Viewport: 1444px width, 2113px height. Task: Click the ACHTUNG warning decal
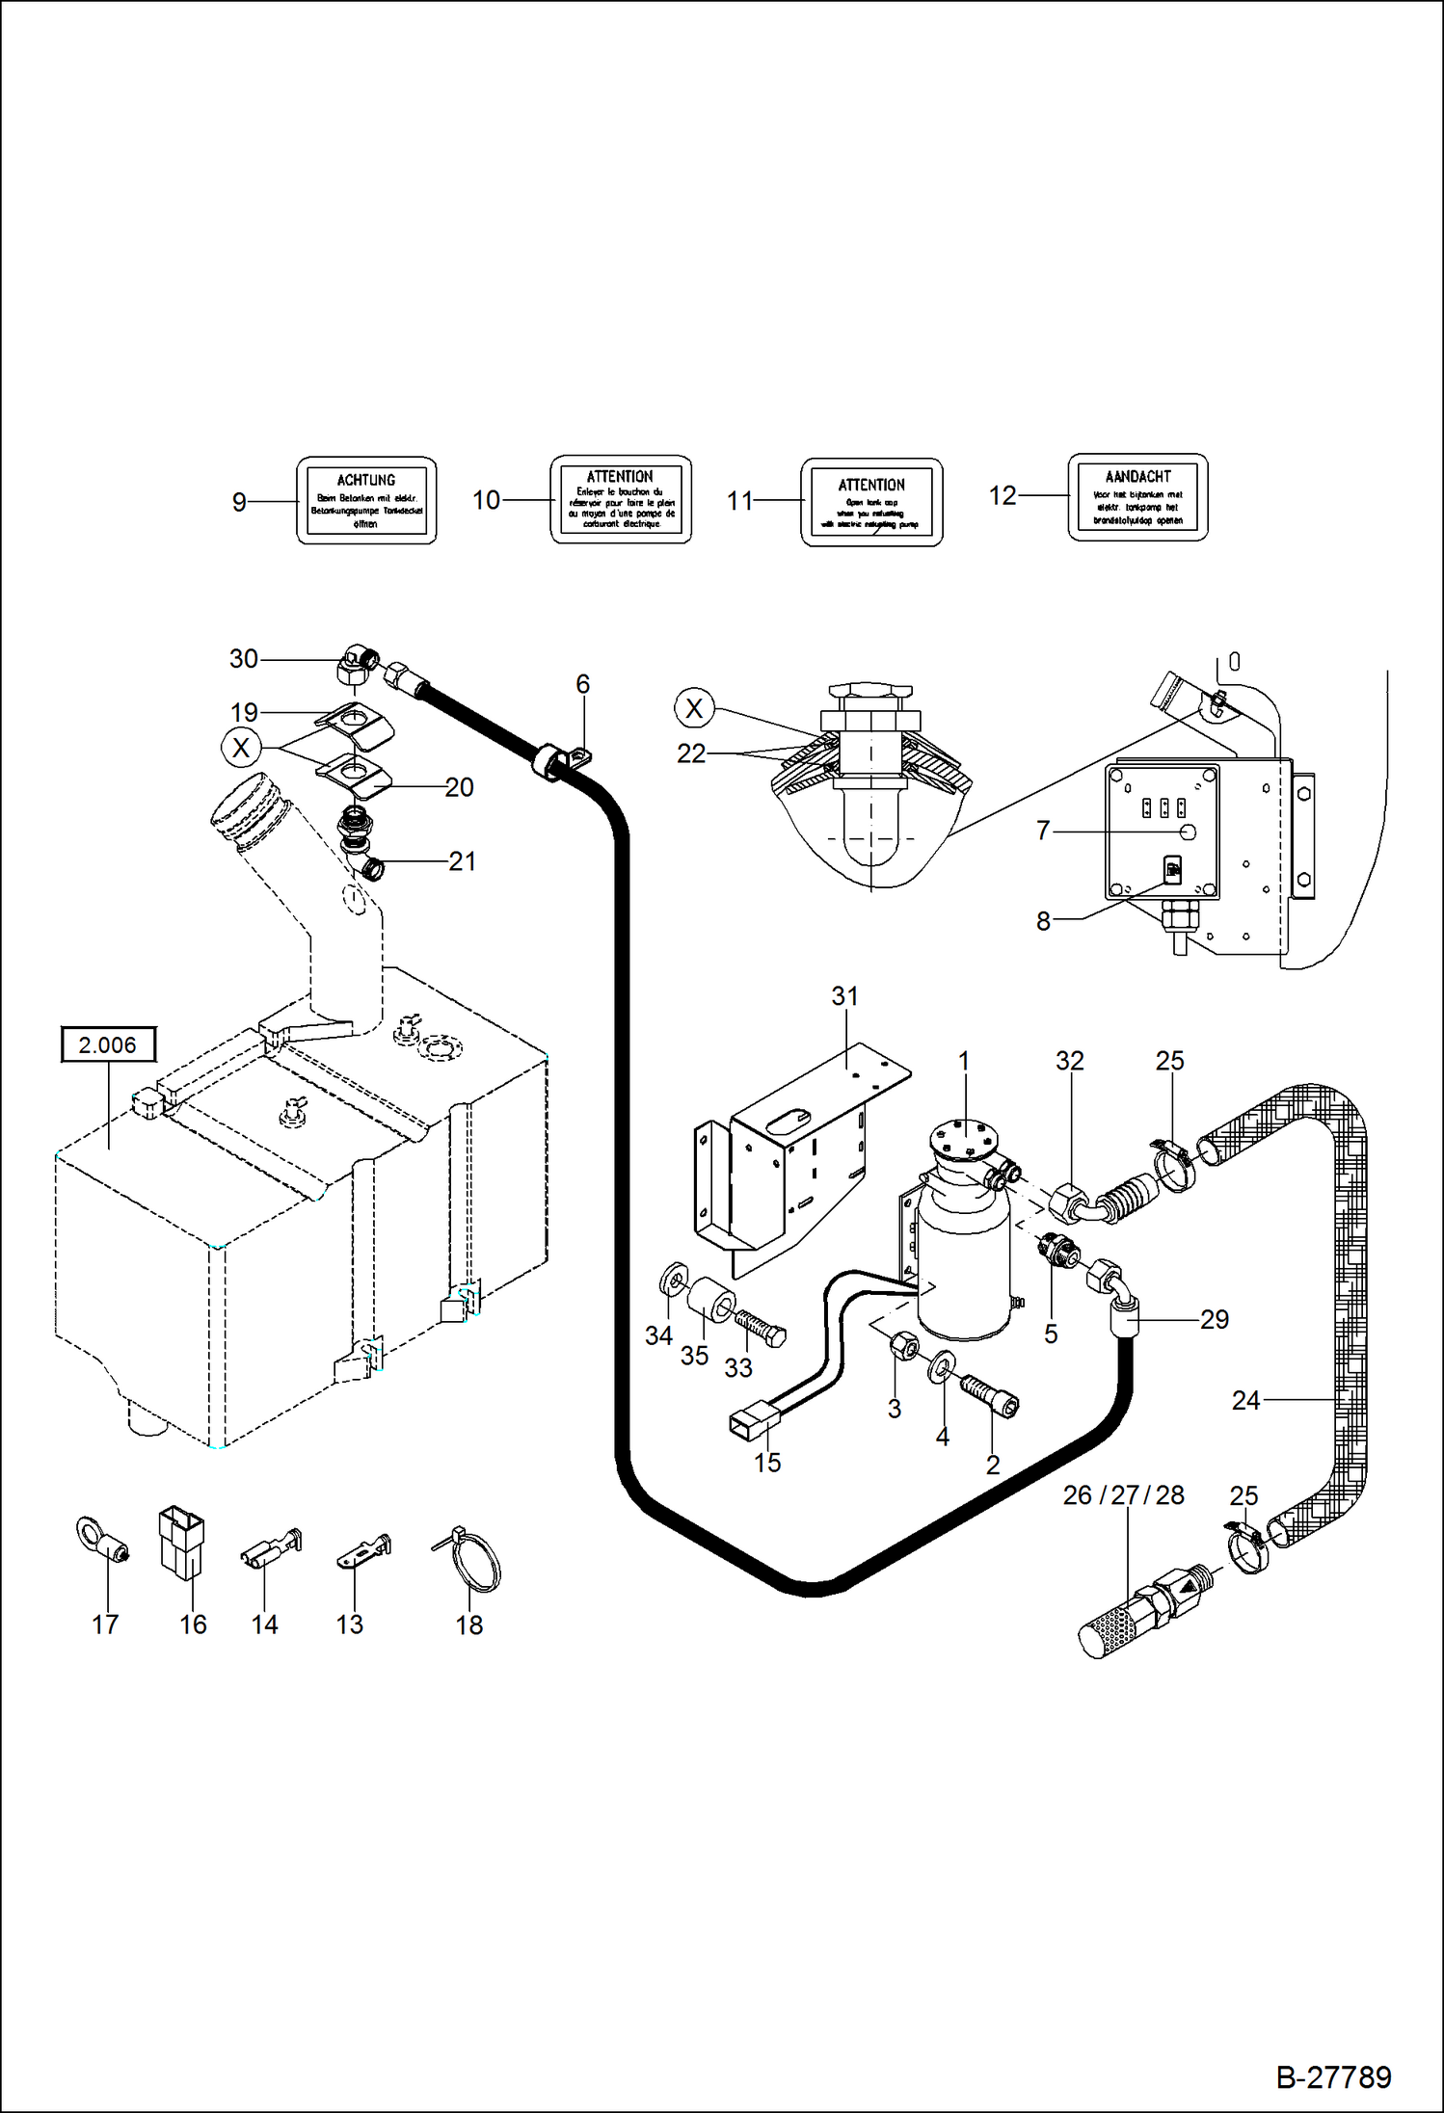tap(366, 500)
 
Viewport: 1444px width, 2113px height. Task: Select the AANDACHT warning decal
tap(1137, 497)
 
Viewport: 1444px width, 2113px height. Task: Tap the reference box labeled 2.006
tap(108, 1044)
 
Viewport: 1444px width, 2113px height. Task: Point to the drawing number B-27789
tap(1333, 2076)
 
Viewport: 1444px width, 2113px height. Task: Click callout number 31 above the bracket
tap(844, 996)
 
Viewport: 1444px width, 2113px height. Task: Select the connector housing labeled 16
tap(181, 1542)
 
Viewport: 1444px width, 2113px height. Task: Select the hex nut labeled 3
tap(904, 1344)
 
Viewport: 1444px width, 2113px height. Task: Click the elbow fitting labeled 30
tap(358, 663)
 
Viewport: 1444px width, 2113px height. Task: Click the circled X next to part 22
tap(694, 708)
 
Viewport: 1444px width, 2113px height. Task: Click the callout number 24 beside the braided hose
tap(1245, 1400)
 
